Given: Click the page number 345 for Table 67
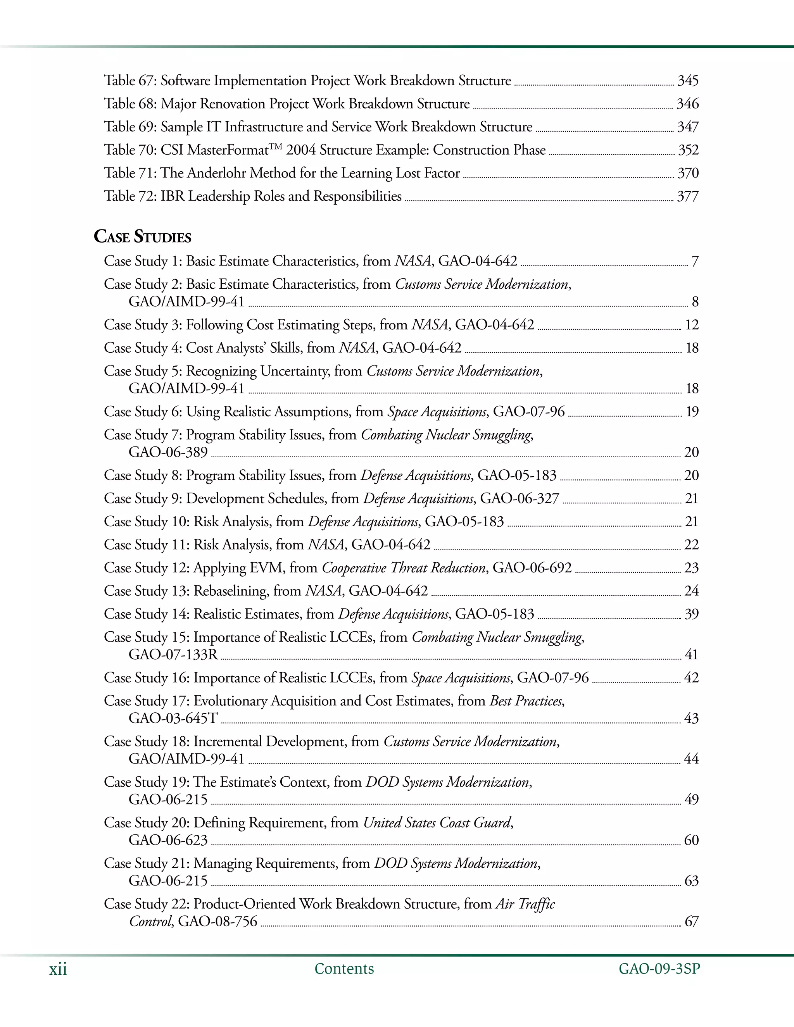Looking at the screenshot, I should tap(688, 81).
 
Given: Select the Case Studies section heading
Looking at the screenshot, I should tap(143, 236).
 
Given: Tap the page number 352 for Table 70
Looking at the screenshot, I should tap(688, 150).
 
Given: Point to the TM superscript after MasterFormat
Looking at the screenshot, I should tap(276, 147).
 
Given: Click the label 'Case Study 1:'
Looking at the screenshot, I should tap(143, 261).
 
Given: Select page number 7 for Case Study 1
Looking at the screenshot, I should tap(695, 262).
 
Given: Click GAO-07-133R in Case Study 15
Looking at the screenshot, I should tap(173, 655).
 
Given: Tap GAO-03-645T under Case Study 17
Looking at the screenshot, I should tap(173, 719).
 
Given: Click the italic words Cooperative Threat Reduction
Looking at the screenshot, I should tap(404, 568).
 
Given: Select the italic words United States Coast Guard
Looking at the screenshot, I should tap(437, 823).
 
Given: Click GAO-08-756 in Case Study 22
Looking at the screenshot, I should tap(218, 921).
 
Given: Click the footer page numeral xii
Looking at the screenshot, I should tap(58, 970).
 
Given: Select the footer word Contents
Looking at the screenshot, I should tap(344, 969).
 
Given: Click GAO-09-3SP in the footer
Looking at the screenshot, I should tap(659, 969).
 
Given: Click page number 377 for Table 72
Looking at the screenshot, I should tap(688, 196).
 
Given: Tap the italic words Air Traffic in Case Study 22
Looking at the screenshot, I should tap(525, 904).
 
